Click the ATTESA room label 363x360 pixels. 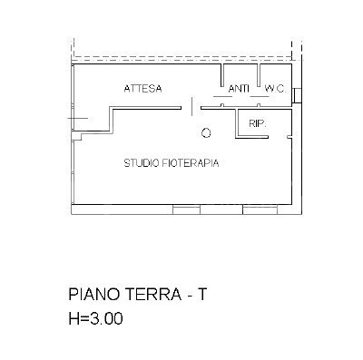[x=143, y=89]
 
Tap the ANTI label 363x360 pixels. [x=239, y=89]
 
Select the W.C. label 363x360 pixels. [x=274, y=89]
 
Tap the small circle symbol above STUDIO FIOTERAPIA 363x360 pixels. [x=206, y=132]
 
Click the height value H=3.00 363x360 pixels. [x=95, y=319]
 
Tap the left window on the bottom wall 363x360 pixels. [x=186, y=209]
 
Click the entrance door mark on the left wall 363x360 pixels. [x=77, y=119]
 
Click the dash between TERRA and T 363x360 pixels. [x=188, y=296]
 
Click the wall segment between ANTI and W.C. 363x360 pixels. [x=260, y=76]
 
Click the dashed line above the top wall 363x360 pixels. [x=181, y=58]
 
